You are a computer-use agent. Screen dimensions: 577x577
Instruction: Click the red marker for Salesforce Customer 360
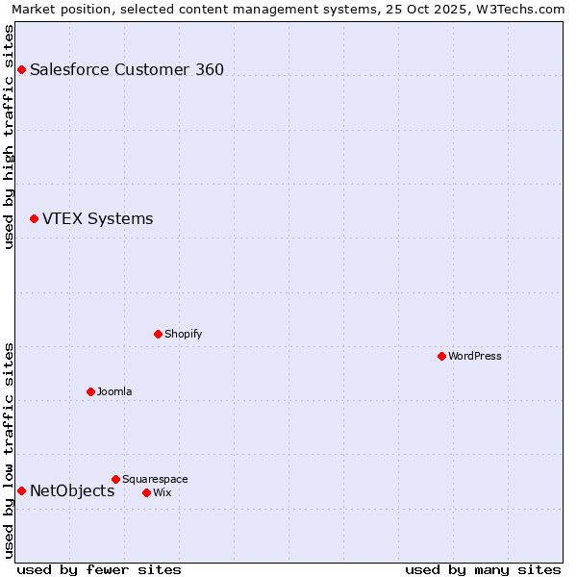pos(21,69)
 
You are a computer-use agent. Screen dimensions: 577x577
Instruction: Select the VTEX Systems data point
pos(34,219)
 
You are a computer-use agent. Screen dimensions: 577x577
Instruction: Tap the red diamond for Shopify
pos(158,334)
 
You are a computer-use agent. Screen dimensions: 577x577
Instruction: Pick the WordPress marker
pos(441,356)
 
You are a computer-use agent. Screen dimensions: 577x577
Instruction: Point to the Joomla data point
pos(90,391)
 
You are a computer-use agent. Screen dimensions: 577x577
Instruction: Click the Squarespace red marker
pos(115,479)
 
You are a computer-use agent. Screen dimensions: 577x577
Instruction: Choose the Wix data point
pos(146,492)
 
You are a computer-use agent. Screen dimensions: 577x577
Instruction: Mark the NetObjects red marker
pos(21,490)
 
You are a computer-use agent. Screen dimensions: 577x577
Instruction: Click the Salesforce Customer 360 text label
pos(127,69)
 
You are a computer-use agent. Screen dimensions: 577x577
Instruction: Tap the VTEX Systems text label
pos(97,219)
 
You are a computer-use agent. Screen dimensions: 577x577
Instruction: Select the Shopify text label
pos(183,334)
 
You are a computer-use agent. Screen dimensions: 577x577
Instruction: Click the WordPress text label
pos(474,356)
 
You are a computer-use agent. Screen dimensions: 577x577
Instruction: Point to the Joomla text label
pos(114,391)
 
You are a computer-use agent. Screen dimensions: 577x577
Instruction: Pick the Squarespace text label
pos(155,479)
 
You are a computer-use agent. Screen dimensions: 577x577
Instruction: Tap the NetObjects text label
pos(72,490)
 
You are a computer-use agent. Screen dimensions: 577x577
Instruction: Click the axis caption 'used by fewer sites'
pos(99,569)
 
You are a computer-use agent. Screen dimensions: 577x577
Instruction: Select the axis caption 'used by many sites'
pos(483,569)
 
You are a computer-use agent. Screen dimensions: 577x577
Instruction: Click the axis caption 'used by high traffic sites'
pos(9,137)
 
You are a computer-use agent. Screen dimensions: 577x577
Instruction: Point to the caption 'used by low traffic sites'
pos(9,450)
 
